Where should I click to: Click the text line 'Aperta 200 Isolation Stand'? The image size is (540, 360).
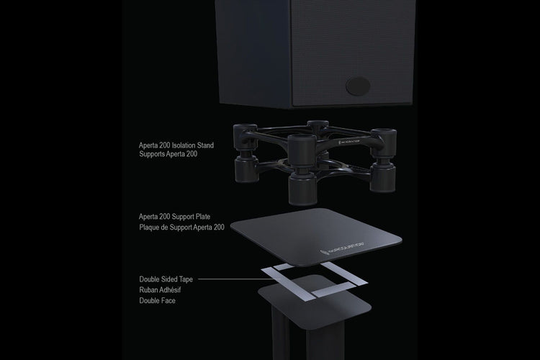[176, 145]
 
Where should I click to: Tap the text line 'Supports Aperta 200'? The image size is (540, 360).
[168, 154]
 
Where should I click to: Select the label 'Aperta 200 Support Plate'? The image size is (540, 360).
[175, 217]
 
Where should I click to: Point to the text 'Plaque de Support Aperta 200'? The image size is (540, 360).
[182, 228]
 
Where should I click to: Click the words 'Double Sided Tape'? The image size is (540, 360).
[166, 279]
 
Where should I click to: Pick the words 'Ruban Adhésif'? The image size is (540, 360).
[160, 290]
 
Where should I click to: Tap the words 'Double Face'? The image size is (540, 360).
[158, 301]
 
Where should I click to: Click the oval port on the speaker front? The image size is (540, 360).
[358, 86]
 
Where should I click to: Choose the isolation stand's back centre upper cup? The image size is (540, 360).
[318, 127]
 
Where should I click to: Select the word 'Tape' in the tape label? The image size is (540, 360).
[186, 279]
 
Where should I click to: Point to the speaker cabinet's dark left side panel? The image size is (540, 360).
[254, 52]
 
